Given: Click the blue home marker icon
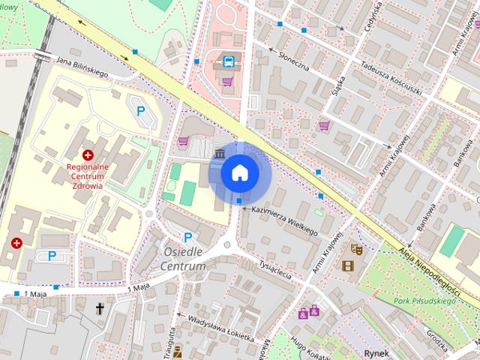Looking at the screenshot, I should coord(240,172).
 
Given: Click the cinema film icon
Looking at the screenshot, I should coord(347,265).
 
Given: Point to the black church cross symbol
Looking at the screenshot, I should coord(100,307).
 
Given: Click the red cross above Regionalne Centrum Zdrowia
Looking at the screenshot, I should coord(88,154).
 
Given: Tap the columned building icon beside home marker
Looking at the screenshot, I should coord(218,154).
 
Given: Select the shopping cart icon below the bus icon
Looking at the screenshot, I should coord(227,81).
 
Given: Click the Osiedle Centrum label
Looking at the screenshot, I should coord(184,259).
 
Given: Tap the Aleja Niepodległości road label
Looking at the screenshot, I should coord(430,262).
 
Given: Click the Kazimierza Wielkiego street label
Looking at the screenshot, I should coord(285,222).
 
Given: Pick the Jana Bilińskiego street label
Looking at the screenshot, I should coord(82,67).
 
